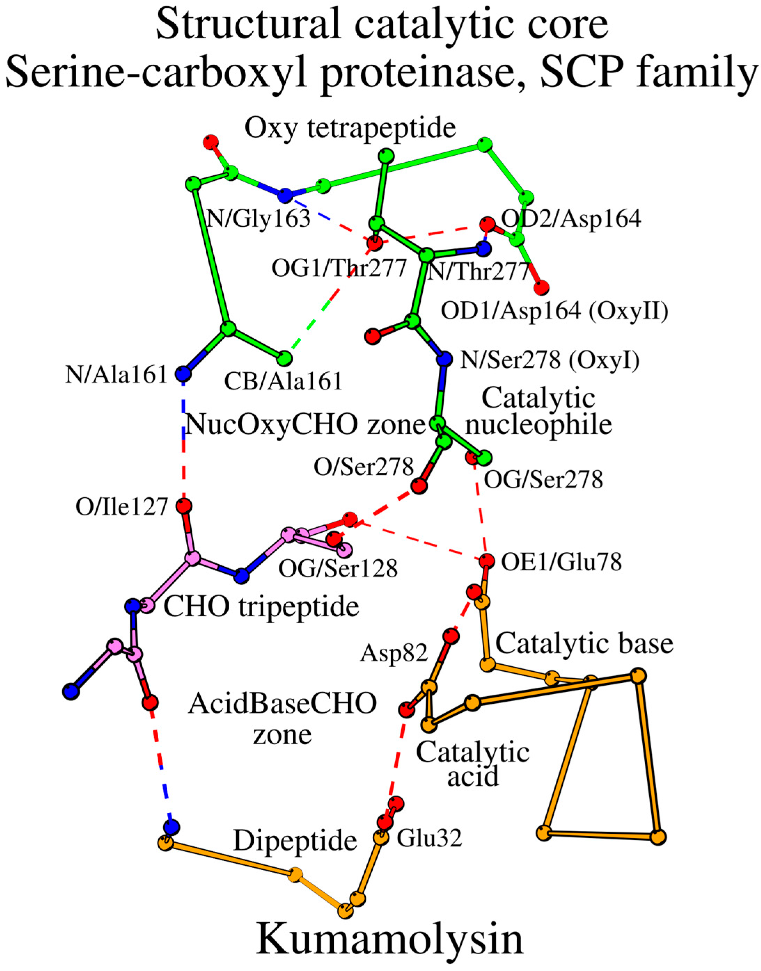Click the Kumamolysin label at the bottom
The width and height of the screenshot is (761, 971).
point(390,939)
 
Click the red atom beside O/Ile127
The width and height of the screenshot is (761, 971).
point(184,506)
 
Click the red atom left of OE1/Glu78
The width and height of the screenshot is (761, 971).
point(486,561)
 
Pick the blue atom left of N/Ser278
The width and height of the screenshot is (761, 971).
point(444,358)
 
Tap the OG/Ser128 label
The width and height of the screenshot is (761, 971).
point(338,568)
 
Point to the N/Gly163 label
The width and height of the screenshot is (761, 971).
point(259,219)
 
